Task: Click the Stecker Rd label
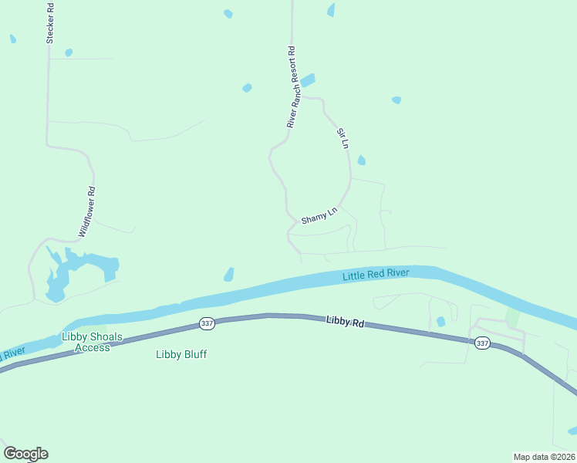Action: click(50, 22)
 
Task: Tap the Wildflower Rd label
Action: click(86, 211)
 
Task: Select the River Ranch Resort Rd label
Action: click(292, 86)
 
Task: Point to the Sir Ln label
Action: click(342, 138)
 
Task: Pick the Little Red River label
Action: click(376, 275)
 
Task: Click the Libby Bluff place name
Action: click(181, 354)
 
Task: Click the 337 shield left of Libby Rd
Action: click(206, 323)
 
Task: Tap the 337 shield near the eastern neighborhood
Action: click(482, 343)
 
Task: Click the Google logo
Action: click(25, 454)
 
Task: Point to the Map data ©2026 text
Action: click(544, 456)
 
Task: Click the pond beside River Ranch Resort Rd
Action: click(307, 80)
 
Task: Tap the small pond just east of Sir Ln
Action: click(361, 161)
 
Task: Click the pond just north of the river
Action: click(228, 275)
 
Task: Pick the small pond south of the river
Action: click(440, 321)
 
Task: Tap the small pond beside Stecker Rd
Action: click(69, 52)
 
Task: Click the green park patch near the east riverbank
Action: click(512, 317)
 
